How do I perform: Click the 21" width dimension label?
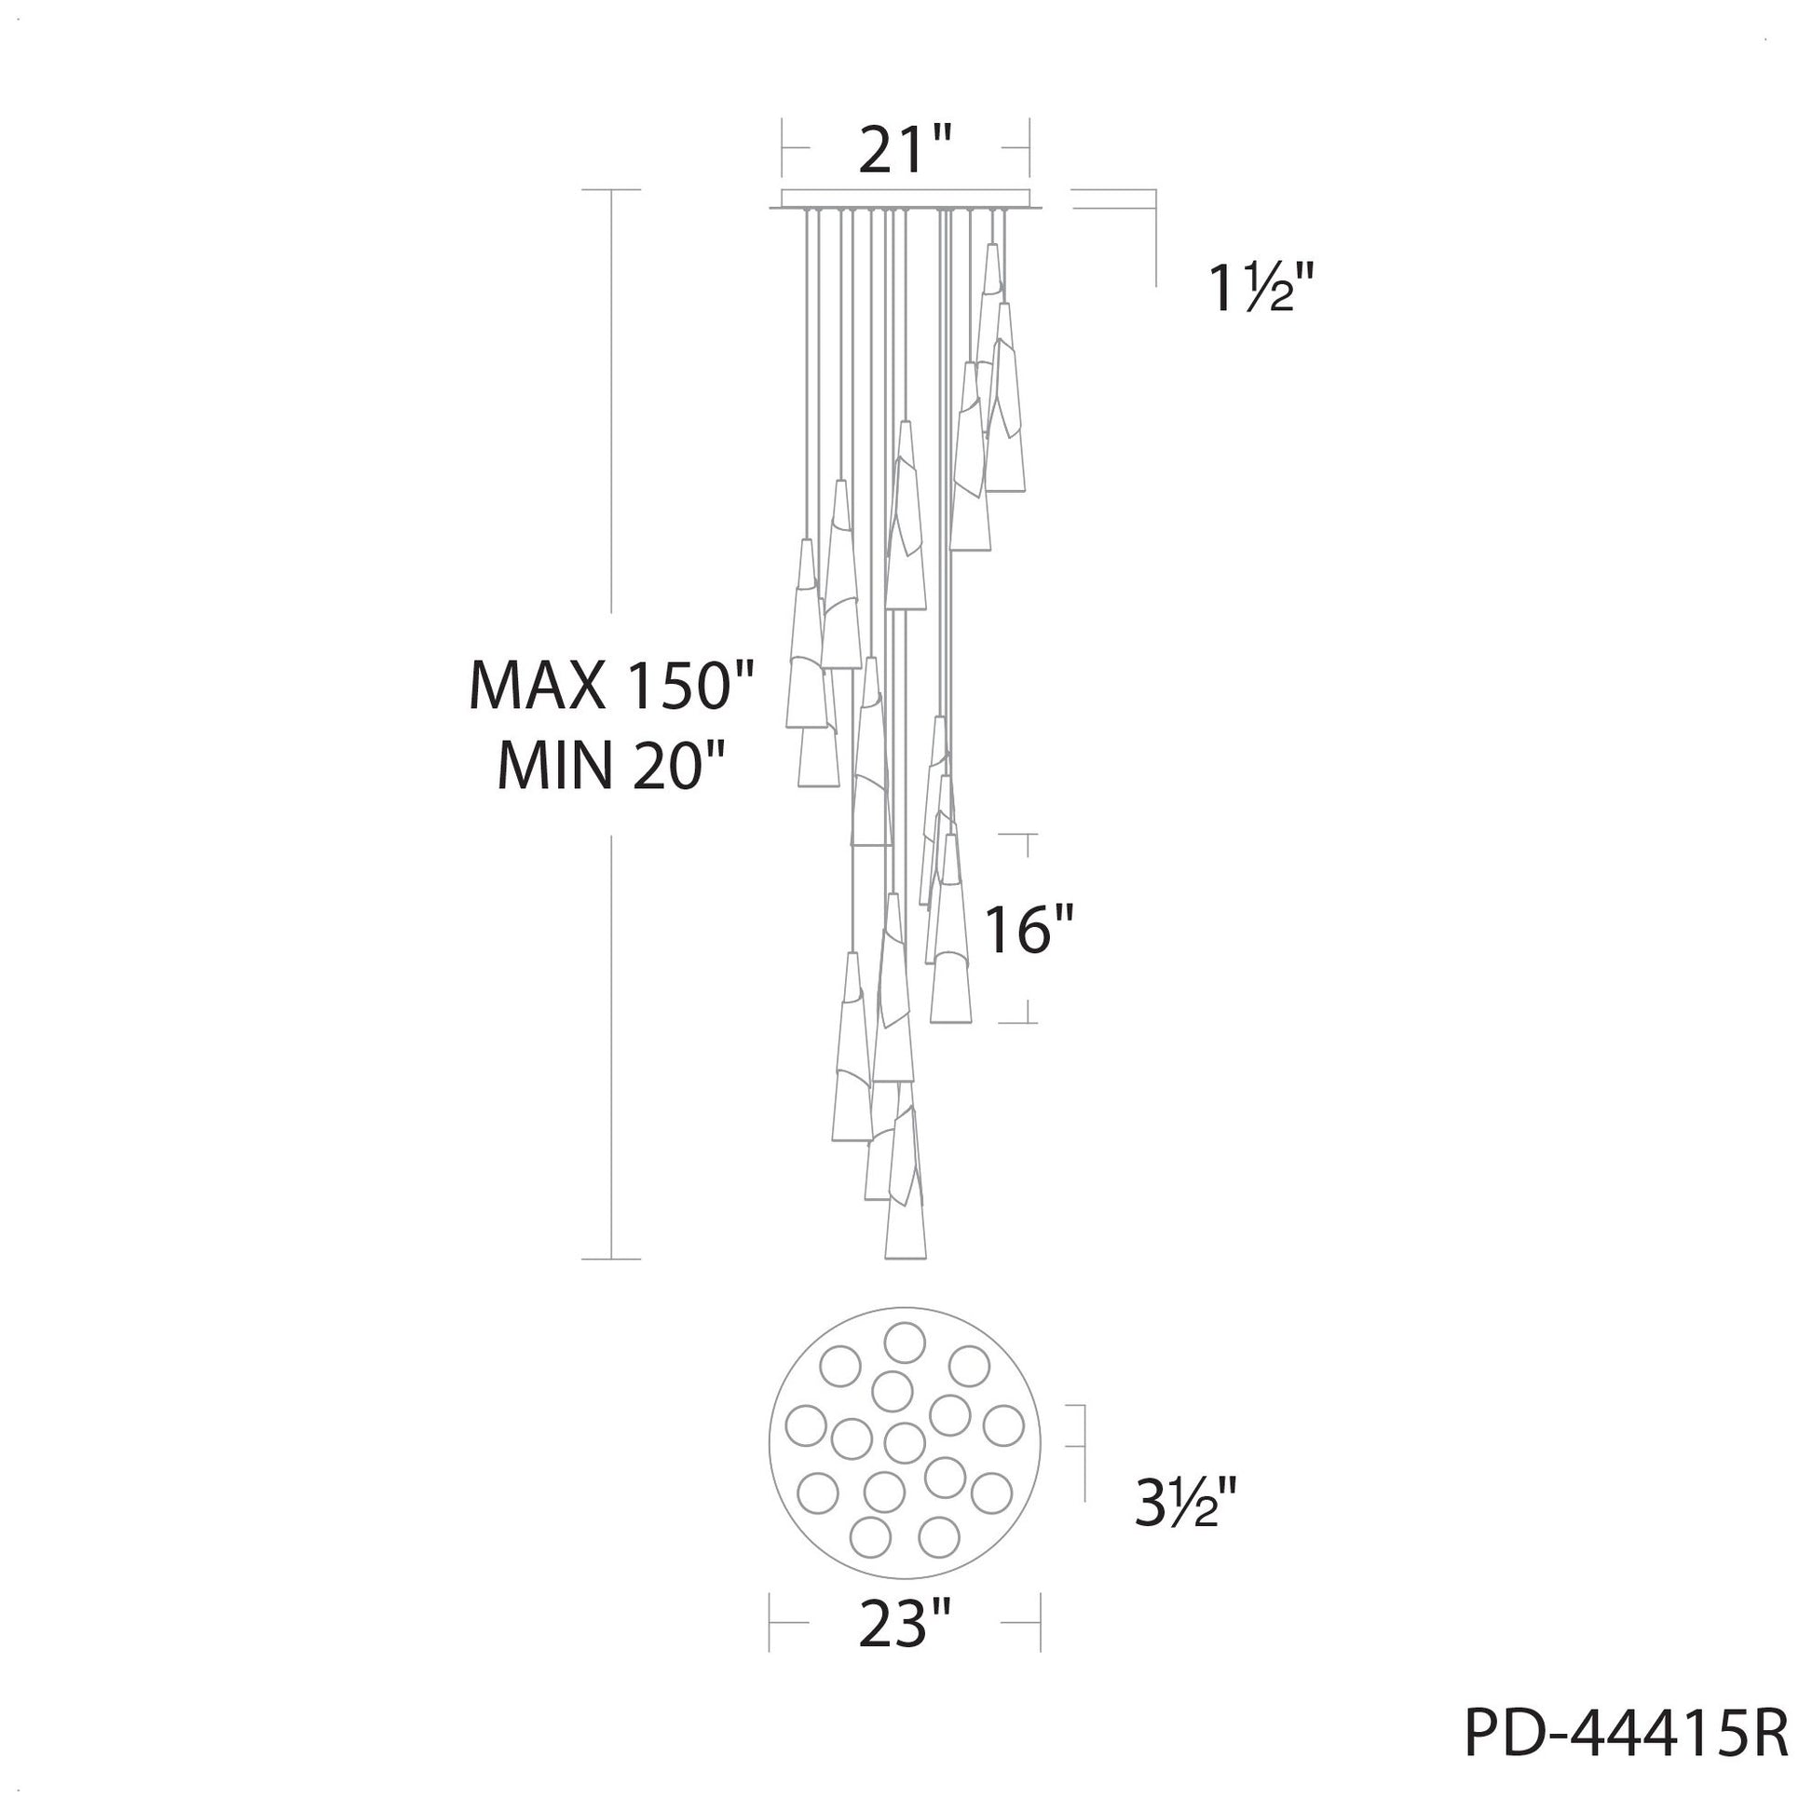pos(906,148)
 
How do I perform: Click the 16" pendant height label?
pos(1027,930)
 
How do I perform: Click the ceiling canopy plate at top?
pos(905,201)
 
